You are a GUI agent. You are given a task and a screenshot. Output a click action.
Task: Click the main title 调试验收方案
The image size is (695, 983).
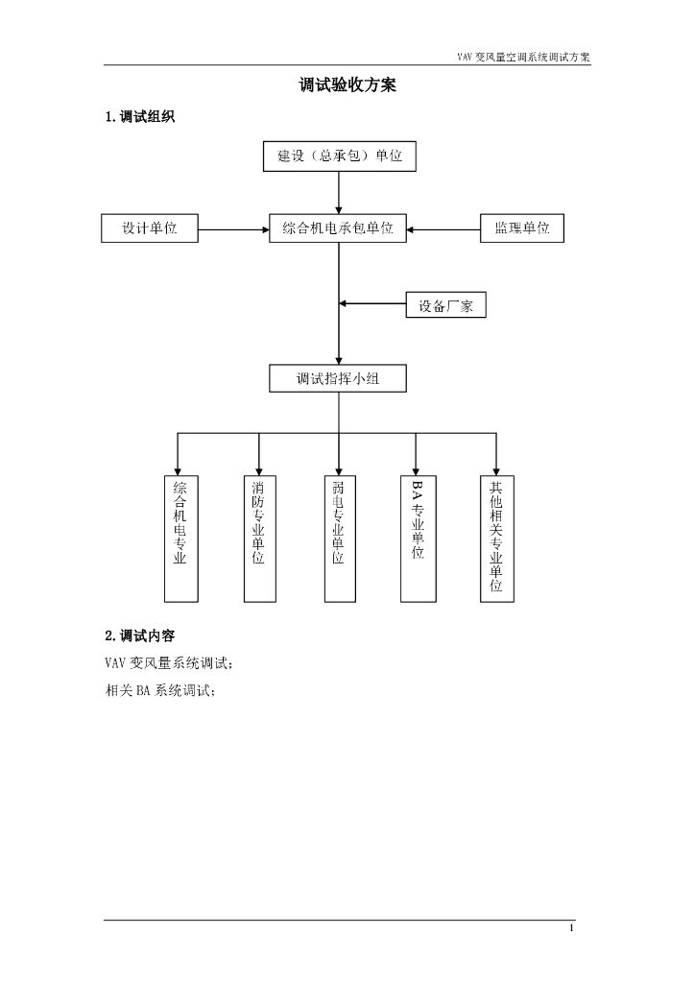pos(347,85)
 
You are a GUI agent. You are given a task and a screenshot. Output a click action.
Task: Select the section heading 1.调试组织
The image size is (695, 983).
pos(139,118)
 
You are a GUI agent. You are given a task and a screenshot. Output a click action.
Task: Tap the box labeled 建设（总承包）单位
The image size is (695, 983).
pos(340,156)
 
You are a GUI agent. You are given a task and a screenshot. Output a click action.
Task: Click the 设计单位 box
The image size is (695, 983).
pos(150,228)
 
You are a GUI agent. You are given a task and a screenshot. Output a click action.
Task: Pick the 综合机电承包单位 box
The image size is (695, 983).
pos(338,228)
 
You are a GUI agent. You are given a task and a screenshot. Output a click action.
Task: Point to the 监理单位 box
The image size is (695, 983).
pos(522,228)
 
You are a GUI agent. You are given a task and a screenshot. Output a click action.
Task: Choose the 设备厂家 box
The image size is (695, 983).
pos(445,305)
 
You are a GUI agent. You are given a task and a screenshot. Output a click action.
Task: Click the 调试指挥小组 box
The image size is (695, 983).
pos(338,379)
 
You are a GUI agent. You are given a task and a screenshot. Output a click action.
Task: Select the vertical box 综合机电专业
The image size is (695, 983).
pos(180,537)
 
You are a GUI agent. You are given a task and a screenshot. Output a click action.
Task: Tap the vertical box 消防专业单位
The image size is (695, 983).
pos(259,537)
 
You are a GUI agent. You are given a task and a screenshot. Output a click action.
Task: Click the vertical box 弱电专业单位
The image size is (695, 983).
pos(338,537)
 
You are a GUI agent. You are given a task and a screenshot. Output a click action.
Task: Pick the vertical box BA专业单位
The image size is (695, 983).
pos(417,537)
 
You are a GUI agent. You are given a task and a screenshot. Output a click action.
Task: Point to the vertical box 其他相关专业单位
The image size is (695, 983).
pos(496,537)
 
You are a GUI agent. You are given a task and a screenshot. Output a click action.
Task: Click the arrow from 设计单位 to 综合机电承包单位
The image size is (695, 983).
pos(233,229)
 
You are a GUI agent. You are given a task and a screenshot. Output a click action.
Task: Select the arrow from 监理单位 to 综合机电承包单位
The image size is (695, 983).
pos(443,229)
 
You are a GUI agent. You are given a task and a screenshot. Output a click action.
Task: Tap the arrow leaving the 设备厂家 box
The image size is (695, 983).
pos(372,304)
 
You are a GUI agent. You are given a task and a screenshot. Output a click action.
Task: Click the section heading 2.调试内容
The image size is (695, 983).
pos(139,635)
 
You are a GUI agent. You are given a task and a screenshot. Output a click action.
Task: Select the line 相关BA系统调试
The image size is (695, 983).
pos(160,689)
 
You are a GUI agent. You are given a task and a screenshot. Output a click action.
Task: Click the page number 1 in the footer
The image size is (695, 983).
pos(571,929)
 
